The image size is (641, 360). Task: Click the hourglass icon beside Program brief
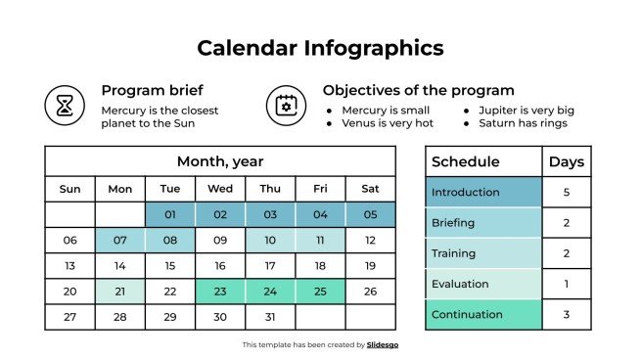[x=65, y=104]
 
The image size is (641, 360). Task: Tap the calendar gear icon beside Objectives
[x=286, y=104]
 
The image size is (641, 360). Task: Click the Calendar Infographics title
[x=320, y=47]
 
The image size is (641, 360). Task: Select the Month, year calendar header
[x=220, y=161]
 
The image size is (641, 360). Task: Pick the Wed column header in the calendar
[x=220, y=189]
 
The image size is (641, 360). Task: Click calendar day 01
[x=170, y=214]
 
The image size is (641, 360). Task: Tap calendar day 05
[x=370, y=214]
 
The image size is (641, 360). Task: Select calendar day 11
[x=320, y=240]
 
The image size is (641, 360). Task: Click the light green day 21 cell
[x=120, y=292]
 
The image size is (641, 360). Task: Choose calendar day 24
[x=270, y=292]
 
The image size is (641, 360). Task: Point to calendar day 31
[x=270, y=317]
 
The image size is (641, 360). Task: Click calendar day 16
[x=220, y=266]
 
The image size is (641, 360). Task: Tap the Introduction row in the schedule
[x=483, y=193]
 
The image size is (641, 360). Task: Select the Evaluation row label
[x=483, y=284]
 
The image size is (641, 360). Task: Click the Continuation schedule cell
[x=483, y=315]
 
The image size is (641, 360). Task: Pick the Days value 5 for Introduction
[x=567, y=193]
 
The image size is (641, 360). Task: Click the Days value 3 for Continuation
[x=567, y=315]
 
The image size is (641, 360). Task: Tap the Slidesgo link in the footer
[x=383, y=345]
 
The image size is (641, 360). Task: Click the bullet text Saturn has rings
[x=523, y=123]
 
